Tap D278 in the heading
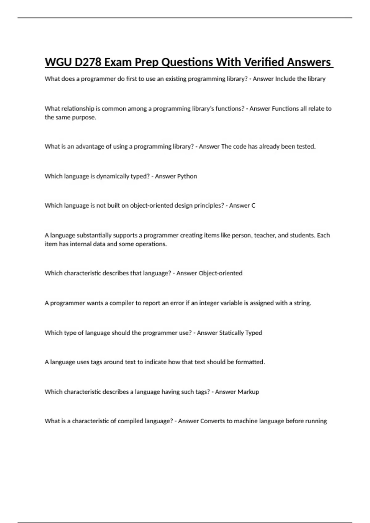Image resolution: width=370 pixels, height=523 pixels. pyautogui.click(x=88, y=62)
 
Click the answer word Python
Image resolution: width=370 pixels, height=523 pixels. pyautogui.click(x=187, y=176)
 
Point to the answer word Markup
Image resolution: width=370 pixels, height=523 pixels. pyautogui.click(x=249, y=392)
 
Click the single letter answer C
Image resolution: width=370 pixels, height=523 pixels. pyautogui.click(x=253, y=206)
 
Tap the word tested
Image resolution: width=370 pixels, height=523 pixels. pyautogui.click(x=306, y=146)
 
